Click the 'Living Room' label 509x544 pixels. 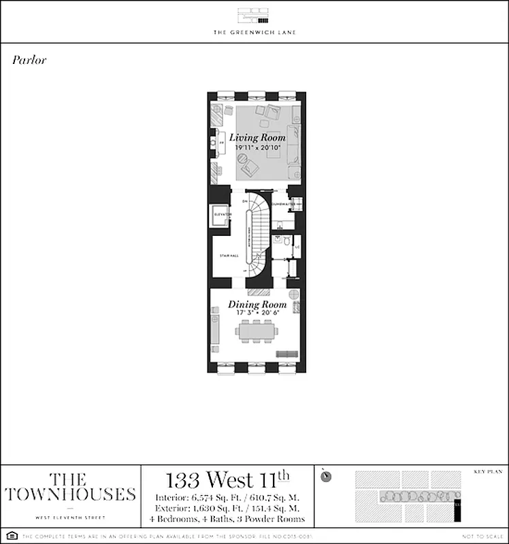coord(257,137)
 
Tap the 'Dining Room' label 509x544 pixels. coord(257,305)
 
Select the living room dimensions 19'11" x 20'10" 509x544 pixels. coord(257,148)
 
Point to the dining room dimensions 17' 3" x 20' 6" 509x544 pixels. coord(257,314)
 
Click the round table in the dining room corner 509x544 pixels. coord(293,295)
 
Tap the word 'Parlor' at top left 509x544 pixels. coord(29,60)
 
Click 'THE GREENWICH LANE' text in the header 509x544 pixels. coord(255,32)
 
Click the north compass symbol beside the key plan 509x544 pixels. coord(327,475)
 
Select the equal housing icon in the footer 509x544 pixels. coord(10,537)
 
